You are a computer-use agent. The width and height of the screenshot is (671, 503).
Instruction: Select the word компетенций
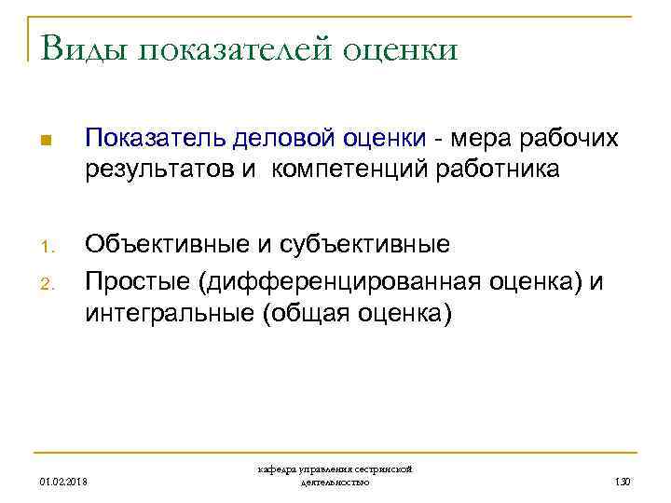332,170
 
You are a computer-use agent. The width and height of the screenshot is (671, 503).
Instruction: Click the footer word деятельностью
335,483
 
